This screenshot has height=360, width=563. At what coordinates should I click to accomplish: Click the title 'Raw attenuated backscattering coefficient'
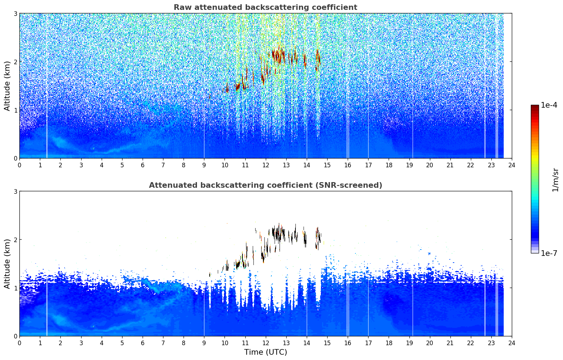pyautogui.click(x=265, y=7)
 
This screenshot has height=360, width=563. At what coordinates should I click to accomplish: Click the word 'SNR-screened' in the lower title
pyautogui.click(x=348, y=185)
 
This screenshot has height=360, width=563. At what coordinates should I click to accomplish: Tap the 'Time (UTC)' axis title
pyautogui.click(x=265, y=352)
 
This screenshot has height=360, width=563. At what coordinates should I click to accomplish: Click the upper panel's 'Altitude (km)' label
pyautogui.click(x=7, y=86)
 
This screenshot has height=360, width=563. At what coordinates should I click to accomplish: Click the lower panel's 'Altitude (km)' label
pyautogui.click(x=7, y=264)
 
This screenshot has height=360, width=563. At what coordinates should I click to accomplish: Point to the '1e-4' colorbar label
pyautogui.click(x=549, y=105)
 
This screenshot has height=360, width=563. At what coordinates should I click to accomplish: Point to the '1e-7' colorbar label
pyautogui.click(x=549, y=253)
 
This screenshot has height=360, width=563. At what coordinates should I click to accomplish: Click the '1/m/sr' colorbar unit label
pyautogui.click(x=555, y=179)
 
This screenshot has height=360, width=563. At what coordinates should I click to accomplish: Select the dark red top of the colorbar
pyautogui.click(x=535, y=107)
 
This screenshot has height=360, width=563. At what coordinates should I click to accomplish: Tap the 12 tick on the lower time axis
pyautogui.click(x=265, y=343)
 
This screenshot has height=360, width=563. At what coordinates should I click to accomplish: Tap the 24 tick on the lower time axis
pyautogui.click(x=512, y=343)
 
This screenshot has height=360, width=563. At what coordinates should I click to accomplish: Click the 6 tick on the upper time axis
pyautogui.click(x=143, y=165)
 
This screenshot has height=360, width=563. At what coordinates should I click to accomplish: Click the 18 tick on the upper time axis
pyautogui.click(x=389, y=165)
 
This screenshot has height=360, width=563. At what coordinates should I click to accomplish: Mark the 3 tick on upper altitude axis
pyautogui.click(x=15, y=13)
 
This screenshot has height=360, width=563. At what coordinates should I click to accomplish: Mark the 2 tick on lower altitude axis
pyautogui.click(x=15, y=240)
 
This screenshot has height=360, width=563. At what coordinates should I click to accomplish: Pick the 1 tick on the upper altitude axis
pyautogui.click(x=15, y=110)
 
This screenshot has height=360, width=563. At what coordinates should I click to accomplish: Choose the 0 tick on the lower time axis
pyautogui.click(x=19, y=343)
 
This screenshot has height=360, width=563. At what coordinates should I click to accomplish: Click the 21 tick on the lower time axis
pyautogui.click(x=450, y=343)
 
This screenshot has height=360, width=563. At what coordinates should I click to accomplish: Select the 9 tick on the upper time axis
pyautogui.click(x=204, y=165)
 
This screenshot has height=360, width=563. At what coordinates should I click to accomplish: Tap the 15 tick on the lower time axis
pyautogui.click(x=327, y=343)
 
